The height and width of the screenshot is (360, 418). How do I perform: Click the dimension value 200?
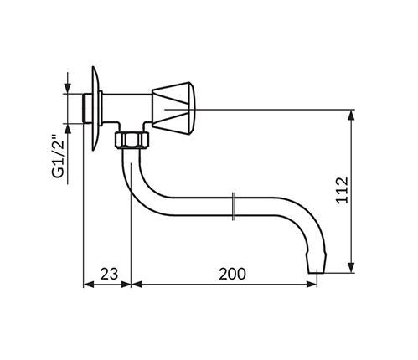point(232,274)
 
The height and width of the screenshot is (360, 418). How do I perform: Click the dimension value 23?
point(109,274)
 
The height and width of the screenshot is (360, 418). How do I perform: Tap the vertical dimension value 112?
point(343,190)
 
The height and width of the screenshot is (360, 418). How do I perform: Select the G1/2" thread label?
point(58,157)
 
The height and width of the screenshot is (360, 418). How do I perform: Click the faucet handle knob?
point(173,109)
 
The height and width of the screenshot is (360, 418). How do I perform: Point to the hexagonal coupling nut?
point(132,140)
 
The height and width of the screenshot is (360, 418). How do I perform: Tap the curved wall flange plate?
point(95,108)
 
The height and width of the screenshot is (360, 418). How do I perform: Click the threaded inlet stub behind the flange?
point(87,109)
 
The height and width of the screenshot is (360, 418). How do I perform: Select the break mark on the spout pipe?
point(234,206)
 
